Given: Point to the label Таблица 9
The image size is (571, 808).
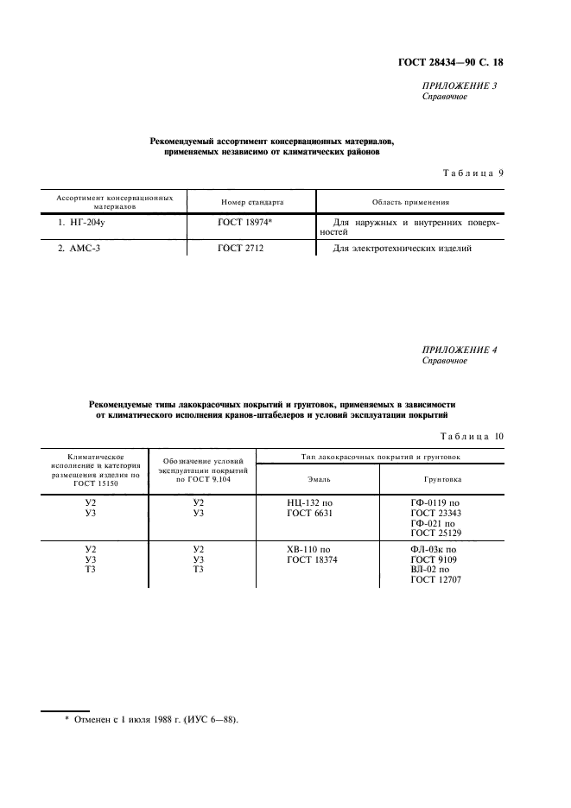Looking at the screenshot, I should tap(473, 173).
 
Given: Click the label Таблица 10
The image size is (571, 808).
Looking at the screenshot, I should tap(472, 436).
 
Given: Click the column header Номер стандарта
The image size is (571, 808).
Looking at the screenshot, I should tap(252, 202).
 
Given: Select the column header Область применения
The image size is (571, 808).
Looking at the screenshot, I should tap(410, 202).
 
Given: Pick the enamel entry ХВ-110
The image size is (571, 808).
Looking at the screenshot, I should tap(308, 549).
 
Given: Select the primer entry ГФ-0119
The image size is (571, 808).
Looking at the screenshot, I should tap(435, 502).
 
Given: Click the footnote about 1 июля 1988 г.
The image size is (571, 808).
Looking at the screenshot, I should tap(151, 718).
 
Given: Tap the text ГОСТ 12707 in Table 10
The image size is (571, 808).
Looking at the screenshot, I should tap(436, 580).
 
